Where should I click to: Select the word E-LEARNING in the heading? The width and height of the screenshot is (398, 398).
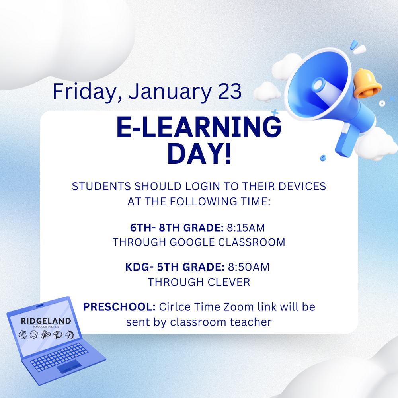click(x=199, y=128)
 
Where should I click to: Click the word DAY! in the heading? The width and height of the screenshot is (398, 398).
click(x=199, y=154)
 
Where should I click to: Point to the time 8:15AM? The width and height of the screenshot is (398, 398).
click(x=246, y=228)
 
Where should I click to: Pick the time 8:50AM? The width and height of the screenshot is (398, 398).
click(x=248, y=267)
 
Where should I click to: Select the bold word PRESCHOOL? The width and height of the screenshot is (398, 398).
click(x=119, y=307)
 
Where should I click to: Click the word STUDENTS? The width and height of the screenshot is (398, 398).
click(x=101, y=186)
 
